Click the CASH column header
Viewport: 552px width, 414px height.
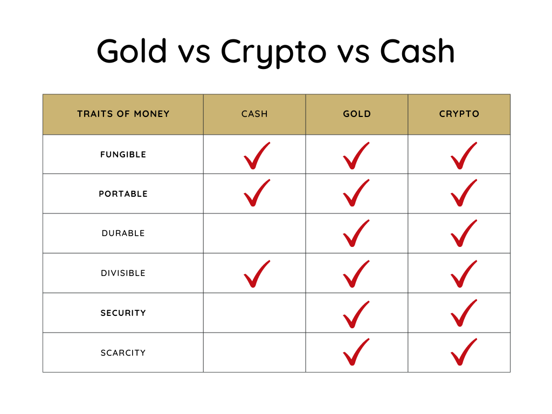[x=254, y=114]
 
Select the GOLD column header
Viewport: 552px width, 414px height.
[x=357, y=114]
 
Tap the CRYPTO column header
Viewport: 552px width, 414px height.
[x=459, y=114]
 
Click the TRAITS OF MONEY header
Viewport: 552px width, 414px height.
[x=123, y=114]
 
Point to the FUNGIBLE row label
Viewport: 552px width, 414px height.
[x=123, y=155]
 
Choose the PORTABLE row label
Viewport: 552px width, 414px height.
[x=123, y=194]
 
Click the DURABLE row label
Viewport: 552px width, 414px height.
[x=123, y=233]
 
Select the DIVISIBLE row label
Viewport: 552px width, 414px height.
[x=123, y=273]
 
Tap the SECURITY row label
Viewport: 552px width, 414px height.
[x=123, y=313]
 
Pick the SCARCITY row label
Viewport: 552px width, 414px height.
[x=123, y=353]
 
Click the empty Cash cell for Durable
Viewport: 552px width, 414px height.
[x=254, y=233]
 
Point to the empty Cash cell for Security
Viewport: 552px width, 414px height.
[x=254, y=313]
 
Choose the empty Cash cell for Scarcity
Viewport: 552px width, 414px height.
[x=254, y=353]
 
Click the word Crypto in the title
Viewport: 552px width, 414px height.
[x=273, y=52]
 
